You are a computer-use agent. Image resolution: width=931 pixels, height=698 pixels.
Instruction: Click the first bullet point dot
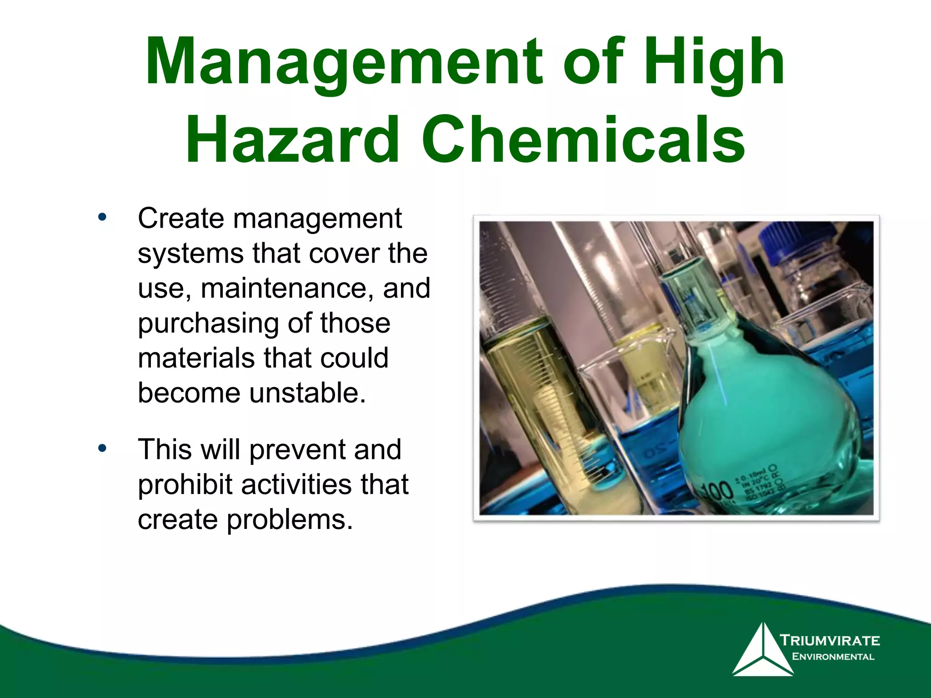tap(102, 217)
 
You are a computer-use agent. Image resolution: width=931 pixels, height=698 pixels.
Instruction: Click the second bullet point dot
tap(102, 448)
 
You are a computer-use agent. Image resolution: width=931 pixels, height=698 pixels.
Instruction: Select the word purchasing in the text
tap(208, 324)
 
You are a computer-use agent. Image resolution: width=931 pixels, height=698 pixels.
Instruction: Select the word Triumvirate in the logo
tap(830, 641)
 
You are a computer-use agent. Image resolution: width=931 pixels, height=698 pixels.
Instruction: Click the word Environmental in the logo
tap(833, 657)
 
